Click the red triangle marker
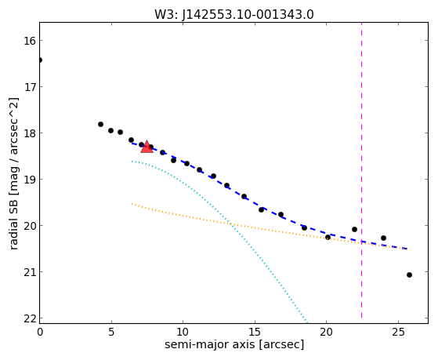coord(147,147)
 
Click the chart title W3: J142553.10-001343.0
coord(234,15)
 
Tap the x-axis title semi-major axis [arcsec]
coord(234,344)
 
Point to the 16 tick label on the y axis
coord(30,41)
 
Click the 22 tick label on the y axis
coord(30,318)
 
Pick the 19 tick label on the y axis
coord(30,180)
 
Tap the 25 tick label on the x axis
coord(398,332)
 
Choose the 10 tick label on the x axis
coord(183,332)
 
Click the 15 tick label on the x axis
coord(255,332)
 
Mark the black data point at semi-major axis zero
coord(40,60)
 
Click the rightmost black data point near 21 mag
coord(409,275)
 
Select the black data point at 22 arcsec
coord(354,229)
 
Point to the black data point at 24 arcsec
coord(383,238)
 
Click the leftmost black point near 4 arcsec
coord(100,124)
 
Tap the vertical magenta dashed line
coord(361,170)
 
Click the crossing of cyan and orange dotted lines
coord(230,224)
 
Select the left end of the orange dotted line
coord(132,204)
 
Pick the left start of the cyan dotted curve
coord(132,161)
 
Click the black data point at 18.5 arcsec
coord(304,227)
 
